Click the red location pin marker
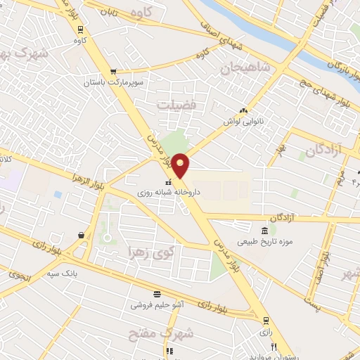[x=181, y=165]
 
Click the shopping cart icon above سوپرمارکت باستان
[x=113, y=72]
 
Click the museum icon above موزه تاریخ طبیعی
[x=264, y=231]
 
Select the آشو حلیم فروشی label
[x=157, y=306]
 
